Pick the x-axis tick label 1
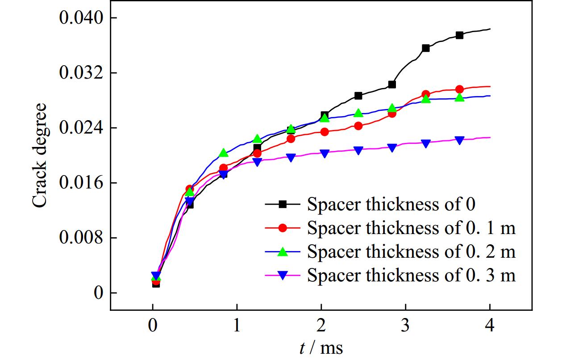tap(237, 327)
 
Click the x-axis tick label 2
tap(321, 327)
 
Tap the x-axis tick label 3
tap(405, 327)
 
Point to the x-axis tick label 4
tap(490, 327)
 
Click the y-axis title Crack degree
tap(40, 155)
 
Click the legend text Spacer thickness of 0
tap(391, 205)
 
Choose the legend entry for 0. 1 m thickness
tap(411, 228)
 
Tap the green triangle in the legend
tap(282, 252)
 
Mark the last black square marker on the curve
tap(459, 35)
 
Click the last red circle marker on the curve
tap(459, 89)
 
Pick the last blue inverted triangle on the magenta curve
tap(459, 140)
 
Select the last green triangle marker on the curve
tap(459, 97)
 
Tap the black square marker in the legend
tap(282, 205)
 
